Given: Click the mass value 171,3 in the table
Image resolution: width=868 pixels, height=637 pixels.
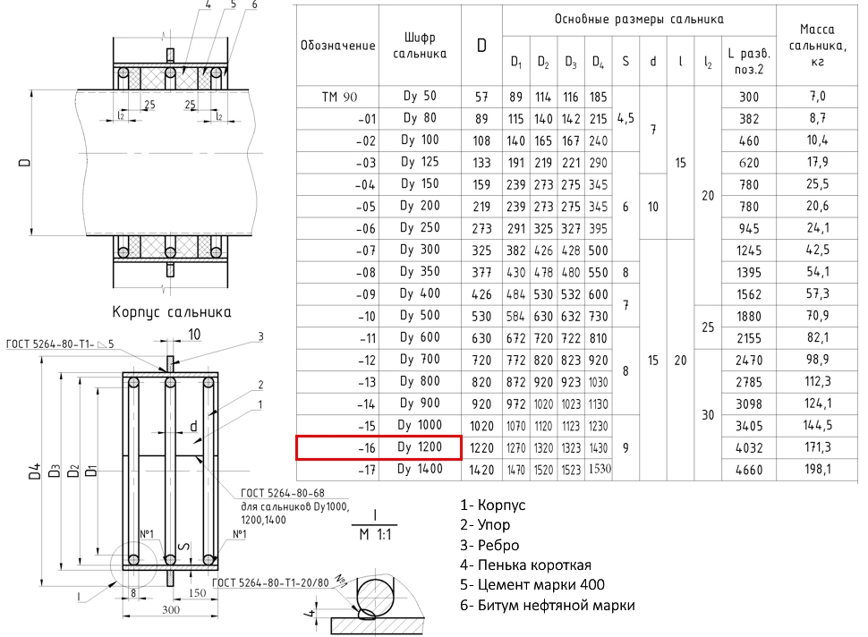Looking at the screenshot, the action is (818, 447).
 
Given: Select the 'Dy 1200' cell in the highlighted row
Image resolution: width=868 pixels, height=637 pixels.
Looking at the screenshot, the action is (420, 447).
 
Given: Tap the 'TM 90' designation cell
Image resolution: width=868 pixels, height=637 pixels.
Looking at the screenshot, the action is (339, 97).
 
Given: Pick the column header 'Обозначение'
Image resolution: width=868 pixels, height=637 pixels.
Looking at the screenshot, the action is (337, 46).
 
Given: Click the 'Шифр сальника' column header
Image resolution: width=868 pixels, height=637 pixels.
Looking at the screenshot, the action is (420, 46).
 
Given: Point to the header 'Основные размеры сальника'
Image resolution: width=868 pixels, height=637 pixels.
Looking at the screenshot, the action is (639, 20).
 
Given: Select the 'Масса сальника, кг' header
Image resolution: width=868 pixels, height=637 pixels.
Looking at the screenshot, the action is (817, 46).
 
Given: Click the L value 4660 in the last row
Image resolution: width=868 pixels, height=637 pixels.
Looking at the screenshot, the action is (749, 470).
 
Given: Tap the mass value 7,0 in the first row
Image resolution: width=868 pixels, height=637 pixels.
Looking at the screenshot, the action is (818, 97).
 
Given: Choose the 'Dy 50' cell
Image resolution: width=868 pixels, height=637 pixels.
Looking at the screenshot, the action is (420, 96).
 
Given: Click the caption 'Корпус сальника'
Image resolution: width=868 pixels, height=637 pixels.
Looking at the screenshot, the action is (172, 311).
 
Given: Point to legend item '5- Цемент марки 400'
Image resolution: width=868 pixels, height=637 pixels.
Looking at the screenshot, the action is (532, 584).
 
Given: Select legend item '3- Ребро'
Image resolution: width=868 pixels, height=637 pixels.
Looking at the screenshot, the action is (489, 545).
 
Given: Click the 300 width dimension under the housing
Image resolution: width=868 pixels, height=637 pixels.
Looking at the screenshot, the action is (171, 609).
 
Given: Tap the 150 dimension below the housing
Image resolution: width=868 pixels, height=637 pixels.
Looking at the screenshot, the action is (197, 593).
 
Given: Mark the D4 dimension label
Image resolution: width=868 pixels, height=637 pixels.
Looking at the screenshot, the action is (35, 471).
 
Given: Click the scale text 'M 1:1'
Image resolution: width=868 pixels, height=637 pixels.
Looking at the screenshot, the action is (375, 535).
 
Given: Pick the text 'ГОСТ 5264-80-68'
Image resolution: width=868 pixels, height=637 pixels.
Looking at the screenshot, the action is (282, 493).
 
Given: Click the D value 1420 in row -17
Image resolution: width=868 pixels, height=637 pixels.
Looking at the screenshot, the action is (481, 470).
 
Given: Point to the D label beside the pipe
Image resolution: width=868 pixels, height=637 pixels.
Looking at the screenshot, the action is (24, 163).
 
